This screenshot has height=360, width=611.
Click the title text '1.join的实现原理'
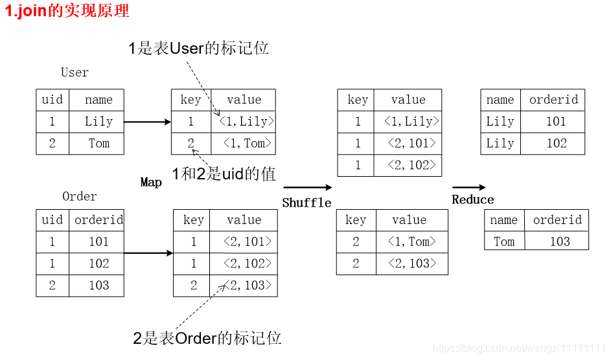click(67, 11)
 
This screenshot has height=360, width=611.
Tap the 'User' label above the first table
click(75, 73)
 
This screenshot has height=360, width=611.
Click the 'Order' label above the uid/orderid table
click(79, 196)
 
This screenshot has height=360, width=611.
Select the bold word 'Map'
click(151, 182)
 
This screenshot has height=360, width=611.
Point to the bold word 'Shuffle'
click(306, 203)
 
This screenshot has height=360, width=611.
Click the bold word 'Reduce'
click(472, 199)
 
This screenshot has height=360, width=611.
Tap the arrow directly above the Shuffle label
click(308, 188)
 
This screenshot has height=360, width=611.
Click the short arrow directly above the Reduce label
click(468, 188)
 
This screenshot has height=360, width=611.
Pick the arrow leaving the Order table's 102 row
click(148, 253)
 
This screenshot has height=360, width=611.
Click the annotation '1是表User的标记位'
click(198, 49)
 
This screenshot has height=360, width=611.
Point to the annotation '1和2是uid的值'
click(224, 174)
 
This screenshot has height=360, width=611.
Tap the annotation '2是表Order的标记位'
click(207, 338)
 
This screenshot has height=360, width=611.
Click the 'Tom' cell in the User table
click(99, 143)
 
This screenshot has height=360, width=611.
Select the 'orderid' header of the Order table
click(99, 219)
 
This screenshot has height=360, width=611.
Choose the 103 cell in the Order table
click(99, 285)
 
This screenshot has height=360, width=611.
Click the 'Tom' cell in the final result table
click(504, 242)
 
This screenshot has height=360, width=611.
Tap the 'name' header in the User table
click(98, 100)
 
